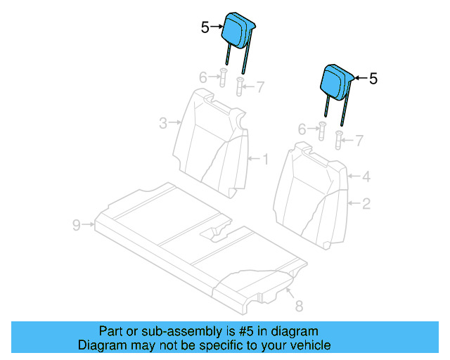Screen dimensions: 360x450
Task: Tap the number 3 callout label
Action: click(x=162, y=124)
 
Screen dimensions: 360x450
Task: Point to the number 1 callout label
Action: click(x=265, y=159)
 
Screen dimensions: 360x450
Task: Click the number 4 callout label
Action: click(x=366, y=177)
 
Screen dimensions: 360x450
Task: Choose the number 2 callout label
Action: click(x=366, y=205)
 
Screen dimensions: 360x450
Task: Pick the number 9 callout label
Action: click(x=77, y=225)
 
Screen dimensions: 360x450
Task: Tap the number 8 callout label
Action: click(x=298, y=306)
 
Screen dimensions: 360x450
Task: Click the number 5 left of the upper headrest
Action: click(x=205, y=27)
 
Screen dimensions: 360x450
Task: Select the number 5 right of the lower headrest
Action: click(x=373, y=79)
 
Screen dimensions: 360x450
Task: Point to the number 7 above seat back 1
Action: click(x=259, y=87)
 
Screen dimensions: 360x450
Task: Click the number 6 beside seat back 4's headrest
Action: click(x=302, y=129)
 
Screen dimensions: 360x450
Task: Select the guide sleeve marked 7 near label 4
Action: click(x=339, y=141)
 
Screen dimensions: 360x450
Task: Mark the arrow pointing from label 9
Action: click(x=89, y=225)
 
